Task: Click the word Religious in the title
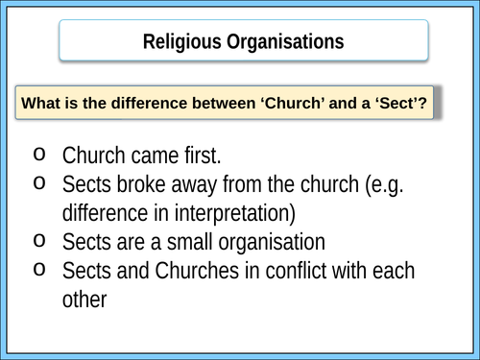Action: pos(182,41)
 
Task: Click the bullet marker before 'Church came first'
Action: pos(37,152)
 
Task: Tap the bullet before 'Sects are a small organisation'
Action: pos(37,239)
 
